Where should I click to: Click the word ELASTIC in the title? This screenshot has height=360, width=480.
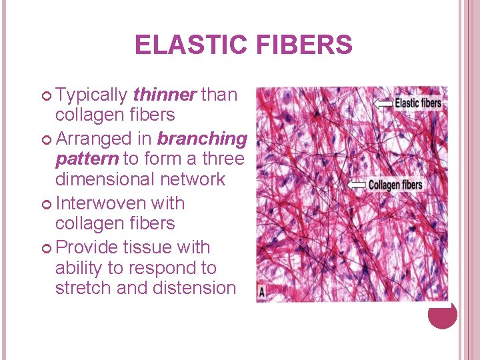[x=191, y=45]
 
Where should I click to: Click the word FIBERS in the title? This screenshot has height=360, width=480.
[x=303, y=45]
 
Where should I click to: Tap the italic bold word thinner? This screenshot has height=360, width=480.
[x=165, y=95]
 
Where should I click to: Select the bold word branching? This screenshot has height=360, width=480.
[x=202, y=139]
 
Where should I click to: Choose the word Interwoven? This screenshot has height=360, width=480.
[x=101, y=203]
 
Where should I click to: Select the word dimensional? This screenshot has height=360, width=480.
[x=107, y=179]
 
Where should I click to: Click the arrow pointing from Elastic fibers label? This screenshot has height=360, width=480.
[x=383, y=103]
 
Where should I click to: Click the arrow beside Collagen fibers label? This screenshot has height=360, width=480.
[x=357, y=184]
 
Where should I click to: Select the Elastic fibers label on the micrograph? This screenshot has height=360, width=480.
[x=418, y=103]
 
